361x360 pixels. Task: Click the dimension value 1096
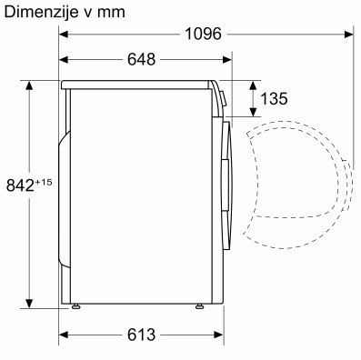pos(203,34)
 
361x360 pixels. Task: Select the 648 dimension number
pos(141,59)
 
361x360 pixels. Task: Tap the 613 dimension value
pos(141,335)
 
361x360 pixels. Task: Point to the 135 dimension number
pos(274,99)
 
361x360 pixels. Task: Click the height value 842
pos(20,185)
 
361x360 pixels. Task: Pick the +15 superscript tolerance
pos(44,183)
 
